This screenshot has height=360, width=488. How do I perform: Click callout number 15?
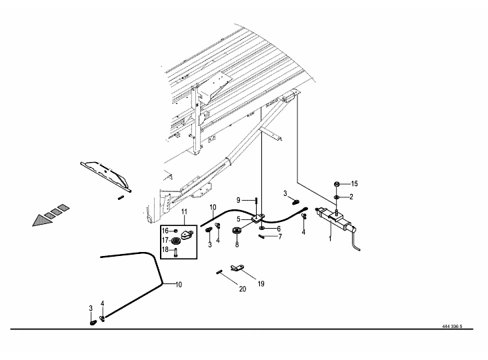pos(354,184)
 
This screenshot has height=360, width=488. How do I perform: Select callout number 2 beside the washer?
pos(351,197)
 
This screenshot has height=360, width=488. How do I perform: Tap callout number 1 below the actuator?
pos(330,239)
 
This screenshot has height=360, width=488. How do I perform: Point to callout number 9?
pos(239,200)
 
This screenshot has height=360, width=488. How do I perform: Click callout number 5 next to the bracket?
pos(239,219)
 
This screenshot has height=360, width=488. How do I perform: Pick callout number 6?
pos(279,229)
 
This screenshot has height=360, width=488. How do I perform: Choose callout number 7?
pos(280,237)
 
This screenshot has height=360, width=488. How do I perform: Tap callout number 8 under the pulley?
pos(237,245)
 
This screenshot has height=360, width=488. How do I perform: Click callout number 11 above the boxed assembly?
pos(184,212)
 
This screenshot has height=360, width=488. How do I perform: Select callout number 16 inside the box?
pos(165,231)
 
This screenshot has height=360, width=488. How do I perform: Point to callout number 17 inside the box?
pos(165,241)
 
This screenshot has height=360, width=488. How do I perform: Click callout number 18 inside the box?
pos(165,250)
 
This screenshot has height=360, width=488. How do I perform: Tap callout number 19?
pos(261,284)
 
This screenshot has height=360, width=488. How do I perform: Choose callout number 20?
pos(243,289)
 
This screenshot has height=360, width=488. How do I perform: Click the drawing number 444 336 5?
pos(452,327)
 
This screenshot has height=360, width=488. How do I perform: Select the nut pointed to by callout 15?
pos(337,184)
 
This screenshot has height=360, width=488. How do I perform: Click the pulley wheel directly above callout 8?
pos(237,231)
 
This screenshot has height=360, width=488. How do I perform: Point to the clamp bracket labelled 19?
pos(237,267)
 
